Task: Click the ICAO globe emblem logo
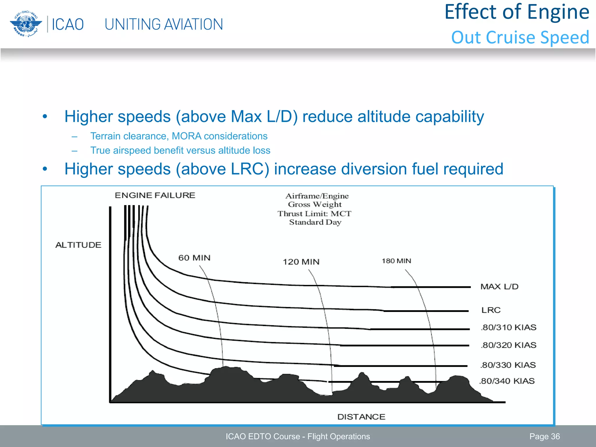(24, 24)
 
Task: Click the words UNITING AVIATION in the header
(164, 24)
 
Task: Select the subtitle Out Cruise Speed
(520, 38)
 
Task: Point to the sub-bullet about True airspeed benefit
(180, 150)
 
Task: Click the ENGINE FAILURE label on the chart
(155, 195)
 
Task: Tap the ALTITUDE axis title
(78, 245)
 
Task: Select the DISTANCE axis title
(361, 417)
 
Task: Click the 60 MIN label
(194, 258)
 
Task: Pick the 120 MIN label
(301, 262)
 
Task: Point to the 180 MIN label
(396, 261)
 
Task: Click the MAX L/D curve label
(499, 287)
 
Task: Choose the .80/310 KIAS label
(508, 327)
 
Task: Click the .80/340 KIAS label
(507, 381)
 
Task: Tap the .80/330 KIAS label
(508, 365)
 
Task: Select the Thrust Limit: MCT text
(314, 214)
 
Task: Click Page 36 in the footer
(544, 437)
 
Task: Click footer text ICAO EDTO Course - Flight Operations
(298, 437)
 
